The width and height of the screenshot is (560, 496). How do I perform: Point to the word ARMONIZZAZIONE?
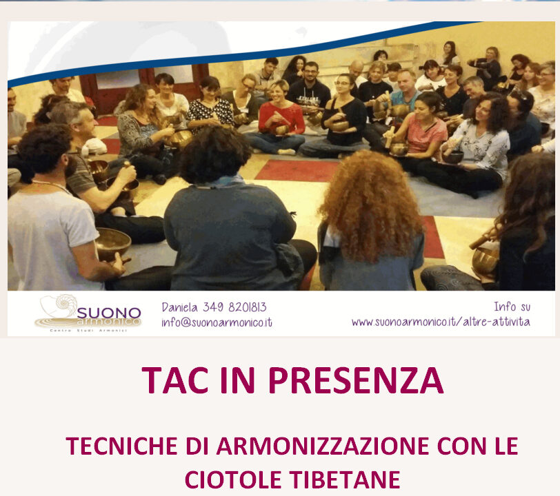tap(323, 446)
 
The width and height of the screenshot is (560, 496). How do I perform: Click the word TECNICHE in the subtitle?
tap(122, 446)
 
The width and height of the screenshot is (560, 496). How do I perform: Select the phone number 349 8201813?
tap(234, 307)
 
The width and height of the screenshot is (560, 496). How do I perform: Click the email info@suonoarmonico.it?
tap(217, 322)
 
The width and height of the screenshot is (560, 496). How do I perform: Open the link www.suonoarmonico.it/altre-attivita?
tap(441, 322)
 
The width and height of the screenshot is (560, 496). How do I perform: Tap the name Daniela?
tap(179, 307)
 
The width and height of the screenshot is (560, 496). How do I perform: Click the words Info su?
tap(512, 307)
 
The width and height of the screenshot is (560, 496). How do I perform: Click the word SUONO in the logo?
tap(109, 313)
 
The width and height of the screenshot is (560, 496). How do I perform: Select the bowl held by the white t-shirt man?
tap(113, 243)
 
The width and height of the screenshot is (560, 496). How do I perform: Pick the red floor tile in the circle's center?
tap(297, 171)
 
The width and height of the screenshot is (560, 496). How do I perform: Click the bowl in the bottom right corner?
tap(485, 260)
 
